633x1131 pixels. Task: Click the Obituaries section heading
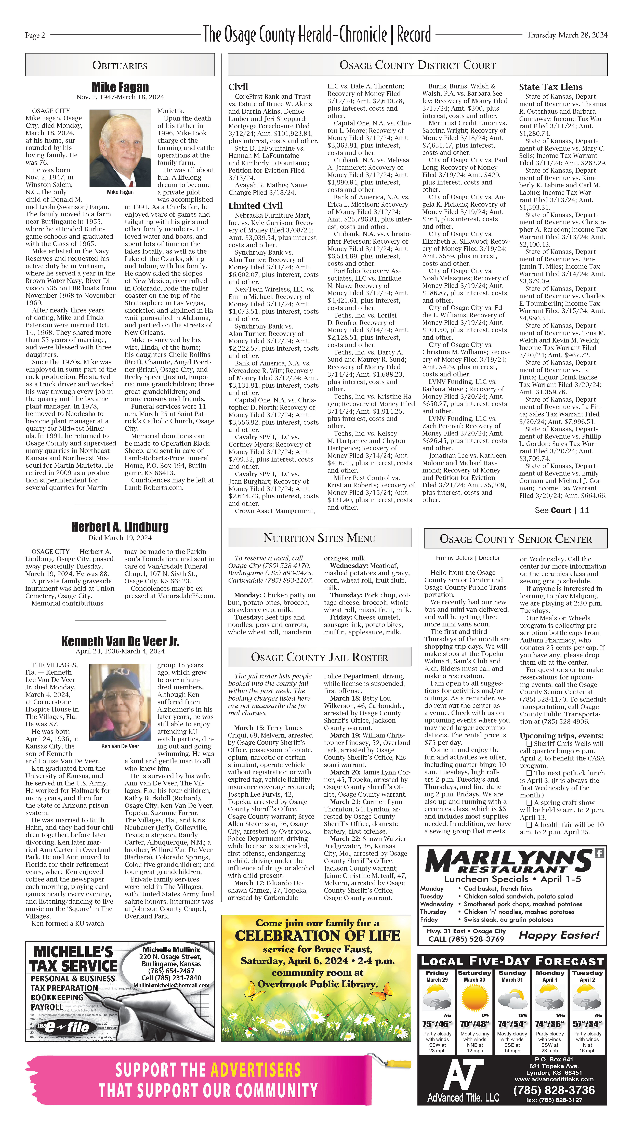click(x=120, y=65)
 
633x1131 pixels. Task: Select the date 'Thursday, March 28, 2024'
click(x=567, y=35)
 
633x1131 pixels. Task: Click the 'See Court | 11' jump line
click(x=561, y=510)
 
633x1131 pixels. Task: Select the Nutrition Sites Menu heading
click(x=319, y=538)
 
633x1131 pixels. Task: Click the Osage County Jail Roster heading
click(x=319, y=657)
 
